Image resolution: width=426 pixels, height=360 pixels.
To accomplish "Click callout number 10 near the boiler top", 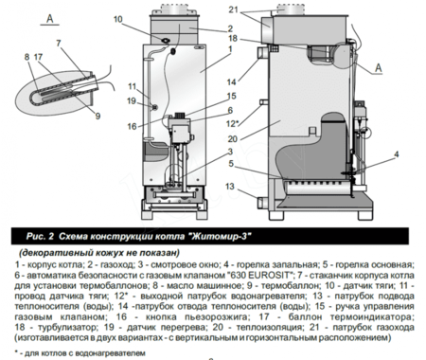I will [x=116, y=19].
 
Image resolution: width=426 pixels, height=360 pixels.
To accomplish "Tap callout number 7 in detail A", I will [x=59, y=44].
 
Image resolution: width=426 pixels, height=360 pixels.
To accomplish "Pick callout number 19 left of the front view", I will [x=132, y=100].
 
